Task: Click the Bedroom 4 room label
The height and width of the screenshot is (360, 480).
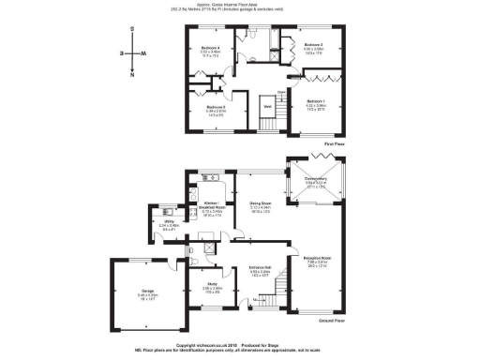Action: pos(211,47)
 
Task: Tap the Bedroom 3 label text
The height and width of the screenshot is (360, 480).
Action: pos(313,45)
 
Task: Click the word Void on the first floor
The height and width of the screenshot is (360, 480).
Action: pos(267,107)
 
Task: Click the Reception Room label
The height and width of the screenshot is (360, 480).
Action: pos(319,256)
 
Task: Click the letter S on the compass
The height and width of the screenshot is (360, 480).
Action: pos(132,33)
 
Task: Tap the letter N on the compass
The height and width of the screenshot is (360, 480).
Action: pos(132,74)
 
